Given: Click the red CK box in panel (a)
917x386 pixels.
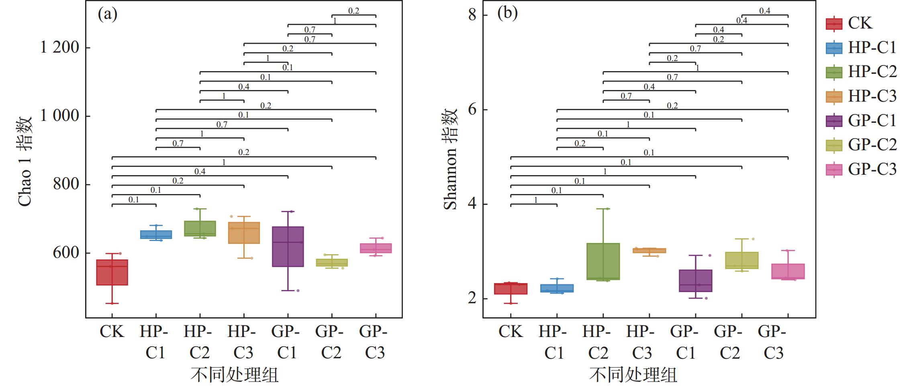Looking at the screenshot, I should (x=112, y=272).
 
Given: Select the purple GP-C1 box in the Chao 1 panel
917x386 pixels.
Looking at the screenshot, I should (x=288, y=247).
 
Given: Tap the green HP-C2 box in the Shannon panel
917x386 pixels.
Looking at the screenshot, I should (x=603, y=261).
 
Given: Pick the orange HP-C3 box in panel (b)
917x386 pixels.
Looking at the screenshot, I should (x=649, y=251).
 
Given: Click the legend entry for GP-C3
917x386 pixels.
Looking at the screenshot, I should (x=861, y=170).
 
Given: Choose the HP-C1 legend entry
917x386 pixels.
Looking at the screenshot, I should (x=861, y=48).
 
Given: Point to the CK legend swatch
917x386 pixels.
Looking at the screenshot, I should (x=834, y=23).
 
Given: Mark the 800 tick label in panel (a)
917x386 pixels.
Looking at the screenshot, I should (x=66, y=184).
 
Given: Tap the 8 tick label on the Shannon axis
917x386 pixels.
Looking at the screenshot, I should (x=472, y=15).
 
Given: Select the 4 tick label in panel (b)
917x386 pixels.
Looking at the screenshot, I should (x=472, y=204).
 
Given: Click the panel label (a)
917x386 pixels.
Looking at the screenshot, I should (x=108, y=14).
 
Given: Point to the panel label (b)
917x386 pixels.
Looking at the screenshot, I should (x=507, y=13).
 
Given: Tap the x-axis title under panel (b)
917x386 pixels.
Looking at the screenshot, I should (x=633, y=375).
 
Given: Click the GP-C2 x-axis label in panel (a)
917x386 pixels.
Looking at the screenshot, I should (x=331, y=342).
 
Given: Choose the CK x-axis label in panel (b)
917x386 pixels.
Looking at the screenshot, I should (x=511, y=332).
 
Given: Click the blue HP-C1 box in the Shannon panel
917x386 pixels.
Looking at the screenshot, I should (x=557, y=288).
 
